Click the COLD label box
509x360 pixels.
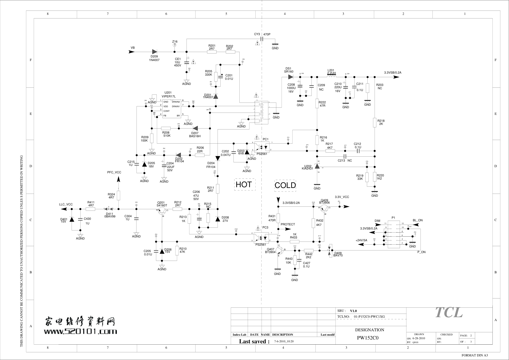[x=285, y=185]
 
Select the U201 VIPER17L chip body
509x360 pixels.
[x=172, y=109]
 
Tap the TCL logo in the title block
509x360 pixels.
[x=449, y=312]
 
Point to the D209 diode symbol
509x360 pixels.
[x=154, y=52]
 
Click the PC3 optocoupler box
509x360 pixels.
[x=262, y=237]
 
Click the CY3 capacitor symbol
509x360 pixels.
[x=262, y=39]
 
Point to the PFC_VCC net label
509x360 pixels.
[x=114, y=172]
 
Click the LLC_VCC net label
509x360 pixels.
[x=66, y=204]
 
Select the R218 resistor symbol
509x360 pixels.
[x=375, y=123]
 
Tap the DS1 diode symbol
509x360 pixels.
[x=290, y=77]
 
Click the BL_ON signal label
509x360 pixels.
[x=417, y=220]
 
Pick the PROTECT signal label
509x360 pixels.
[x=288, y=224]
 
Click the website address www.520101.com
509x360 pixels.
[x=80, y=331]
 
